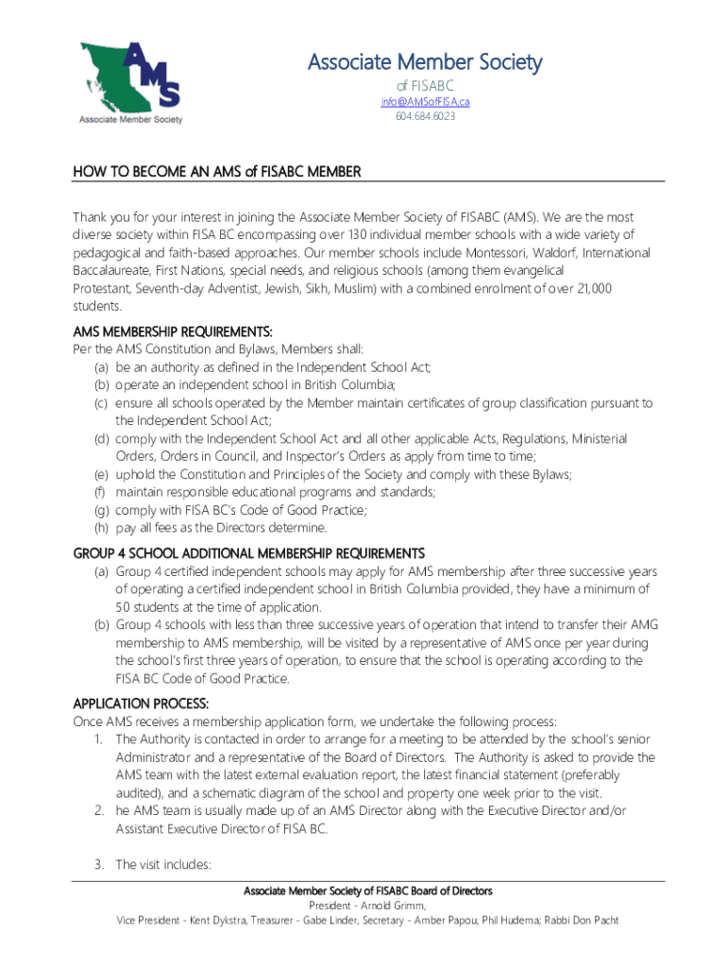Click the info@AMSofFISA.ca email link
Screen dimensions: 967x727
425,101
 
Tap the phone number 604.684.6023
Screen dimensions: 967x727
425,116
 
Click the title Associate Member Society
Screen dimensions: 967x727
425,62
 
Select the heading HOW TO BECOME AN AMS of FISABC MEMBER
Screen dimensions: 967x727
217,172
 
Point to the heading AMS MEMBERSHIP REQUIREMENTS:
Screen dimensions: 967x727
173,331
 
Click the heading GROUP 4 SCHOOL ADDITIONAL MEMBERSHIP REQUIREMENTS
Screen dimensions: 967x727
249,553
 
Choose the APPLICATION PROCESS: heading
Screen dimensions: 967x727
142,704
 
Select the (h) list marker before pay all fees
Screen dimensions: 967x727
100,528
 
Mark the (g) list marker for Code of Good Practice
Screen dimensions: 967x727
100,510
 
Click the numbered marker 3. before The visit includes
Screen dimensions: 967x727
98,864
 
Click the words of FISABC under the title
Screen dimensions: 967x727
425,86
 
